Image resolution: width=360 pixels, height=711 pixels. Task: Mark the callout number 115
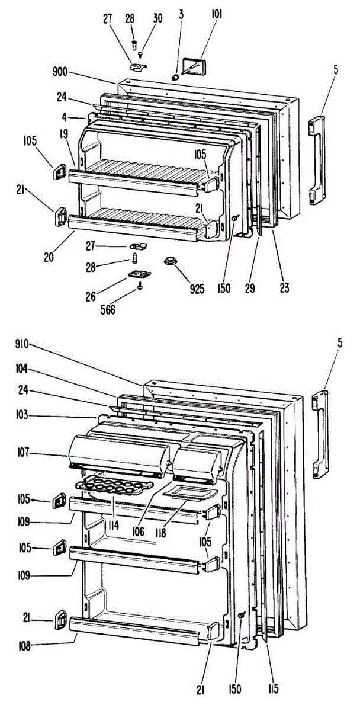point(272,689)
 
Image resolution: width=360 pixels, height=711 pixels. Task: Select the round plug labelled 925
point(172,261)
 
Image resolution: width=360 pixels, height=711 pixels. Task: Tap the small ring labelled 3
point(176,77)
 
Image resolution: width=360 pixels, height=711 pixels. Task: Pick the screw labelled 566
point(140,286)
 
